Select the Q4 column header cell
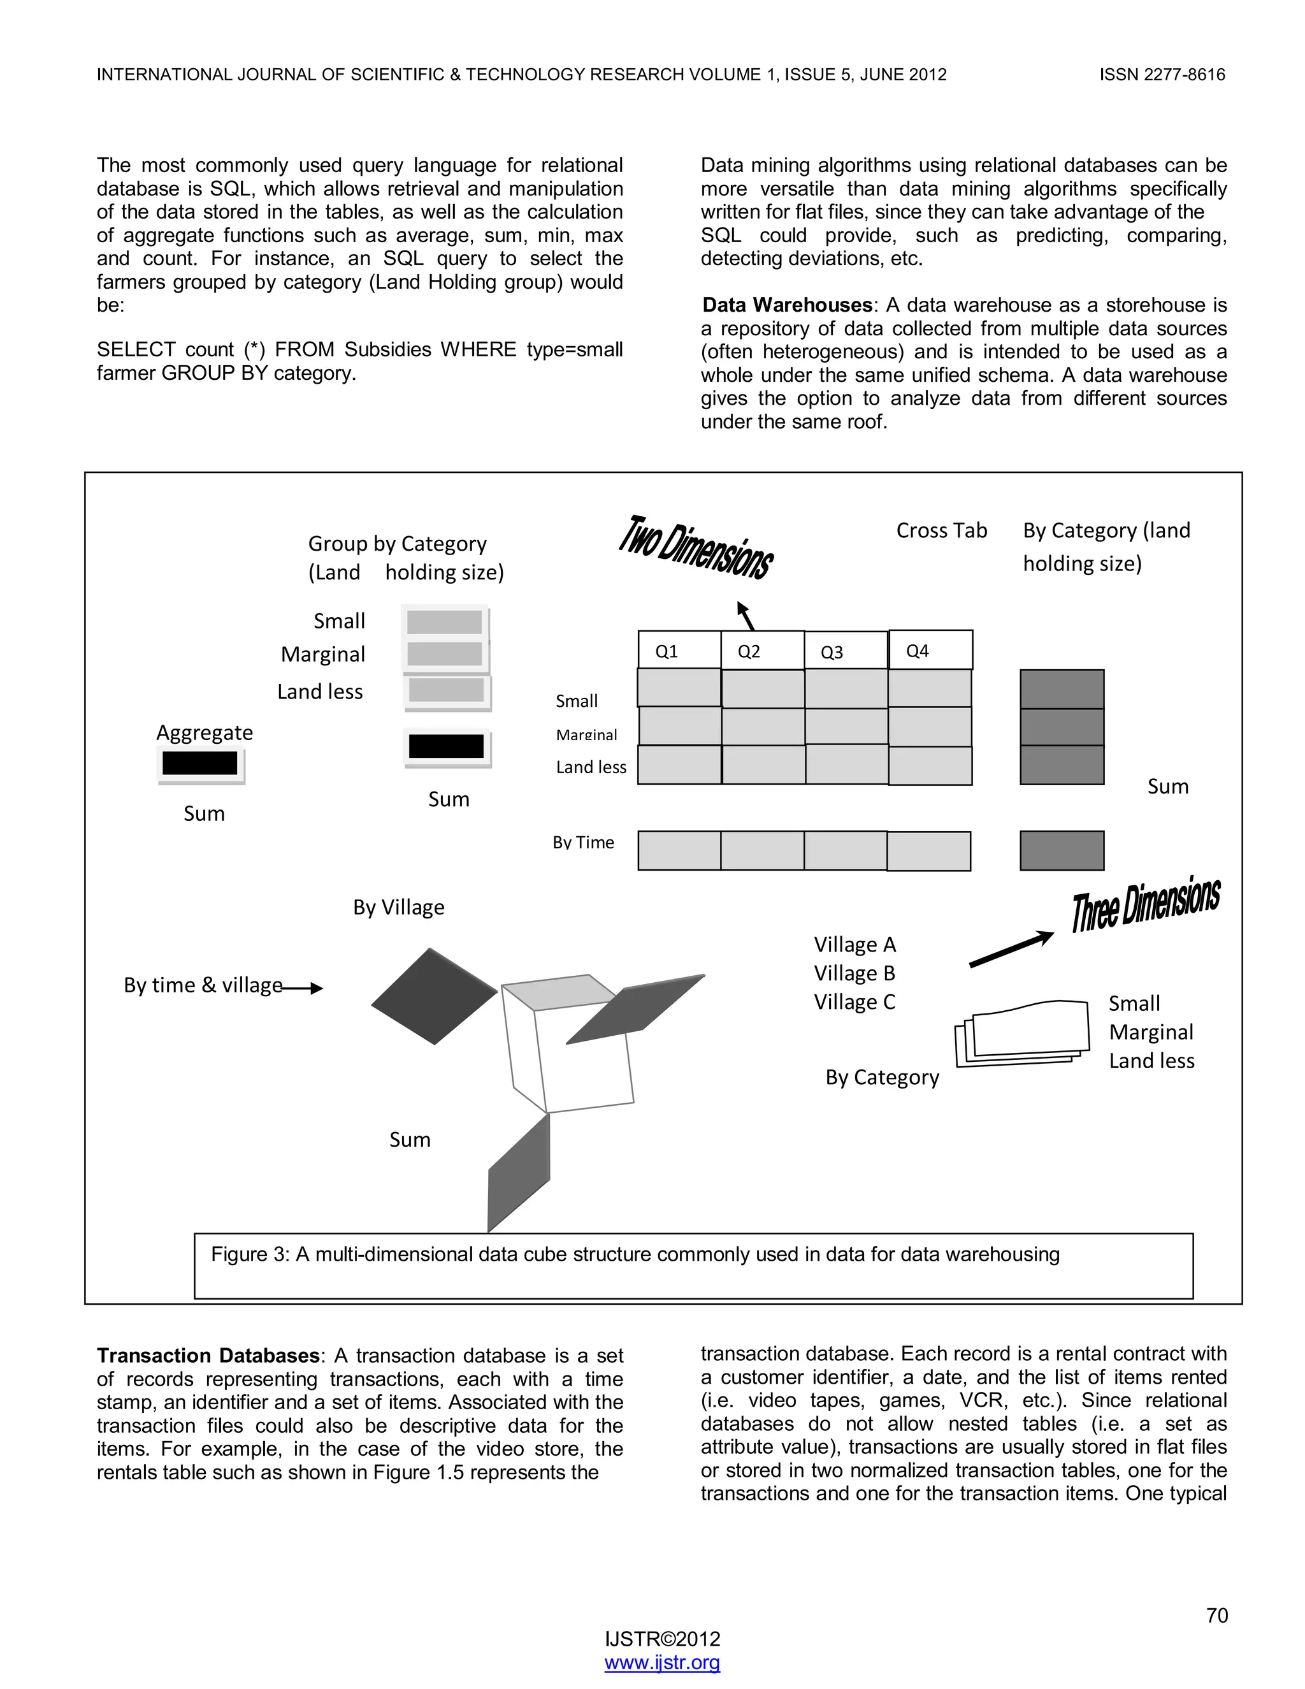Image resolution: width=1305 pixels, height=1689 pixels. [x=930, y=649]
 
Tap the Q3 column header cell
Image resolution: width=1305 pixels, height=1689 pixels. [x=845, y=651]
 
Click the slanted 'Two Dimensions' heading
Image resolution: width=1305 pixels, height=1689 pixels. [x=696, y=547]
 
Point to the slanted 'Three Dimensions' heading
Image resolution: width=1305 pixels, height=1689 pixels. [x=1145, y=903]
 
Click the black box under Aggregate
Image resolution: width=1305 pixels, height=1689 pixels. [x=200, y=764]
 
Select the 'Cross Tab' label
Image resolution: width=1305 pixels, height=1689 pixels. [x=941, y=530]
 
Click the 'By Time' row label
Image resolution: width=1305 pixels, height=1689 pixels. [x=583, y=842]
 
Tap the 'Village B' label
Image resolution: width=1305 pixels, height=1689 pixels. [x=854, y=973]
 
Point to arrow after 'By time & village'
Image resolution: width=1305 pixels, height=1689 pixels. [x=303, y=987]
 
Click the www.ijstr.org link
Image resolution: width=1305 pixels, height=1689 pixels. [x=662, y=1662]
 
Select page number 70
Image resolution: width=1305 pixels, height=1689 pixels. [x=1216, y=1615]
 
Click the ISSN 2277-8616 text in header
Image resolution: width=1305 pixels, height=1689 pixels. [x=1162, y=75]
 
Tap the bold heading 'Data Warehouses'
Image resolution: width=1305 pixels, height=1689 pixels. [x=787, y=305]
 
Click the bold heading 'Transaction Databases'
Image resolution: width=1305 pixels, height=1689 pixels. [x=208, y=1356]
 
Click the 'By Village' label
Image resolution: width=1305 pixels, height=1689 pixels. [x=398, y=907]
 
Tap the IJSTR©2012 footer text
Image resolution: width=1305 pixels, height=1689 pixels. [x=662, y=1639]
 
